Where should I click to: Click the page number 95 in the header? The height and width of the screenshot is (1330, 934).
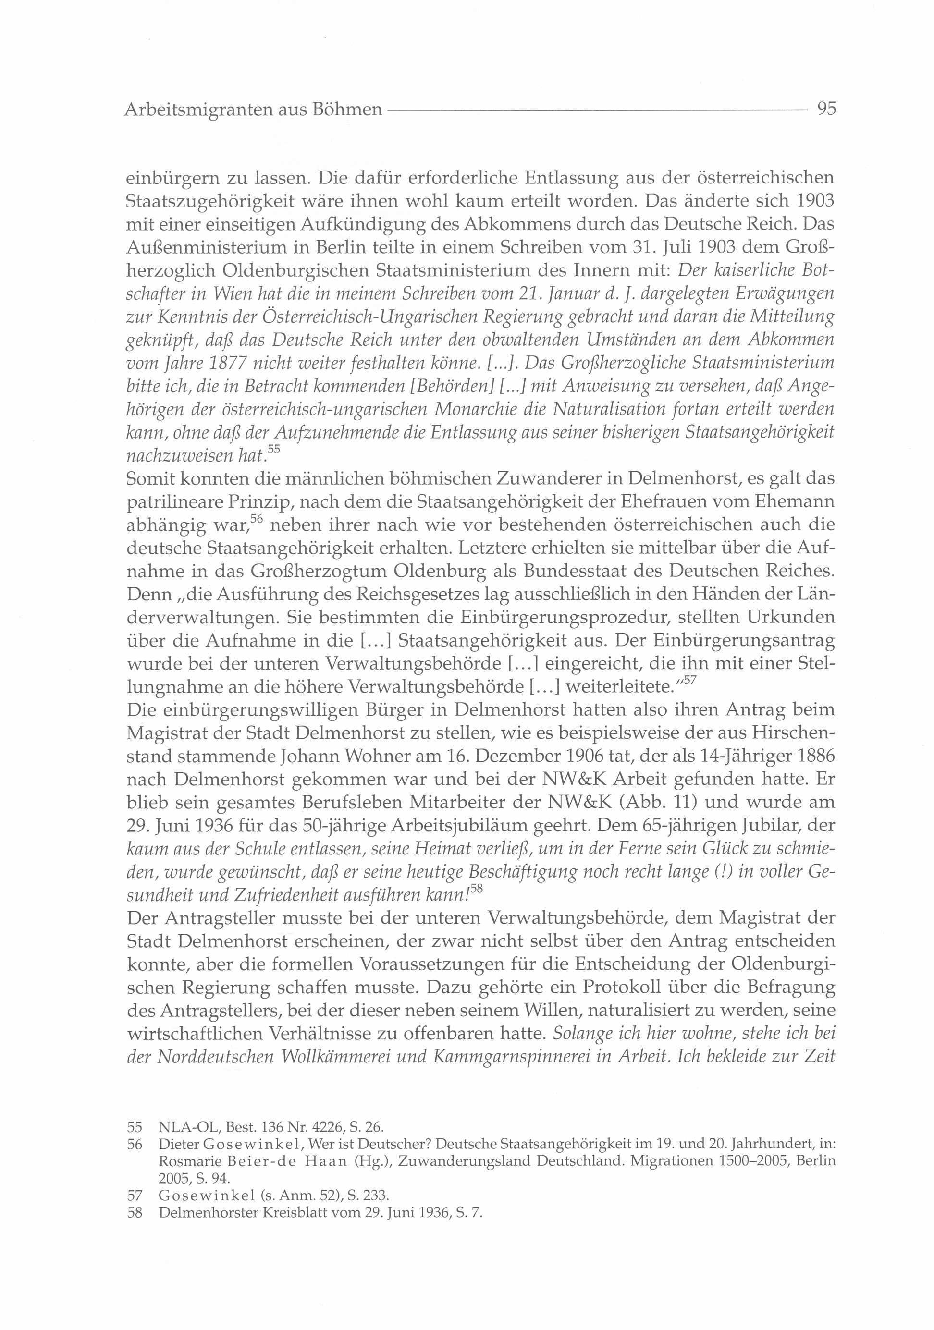pyautogui.click(x=825, y=109)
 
